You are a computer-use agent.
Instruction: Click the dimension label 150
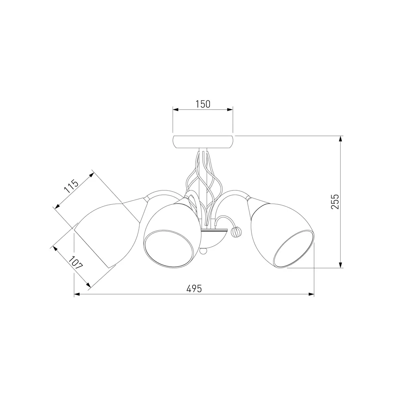tap(203, 104)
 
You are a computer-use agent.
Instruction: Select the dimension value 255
tap(335, 202)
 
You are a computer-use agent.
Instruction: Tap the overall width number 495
tap(194, 289)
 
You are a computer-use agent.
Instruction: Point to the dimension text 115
tap(71, 186)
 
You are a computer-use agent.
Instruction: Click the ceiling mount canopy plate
tap(203, 142)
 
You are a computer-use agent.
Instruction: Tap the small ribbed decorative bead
tap(235, 231)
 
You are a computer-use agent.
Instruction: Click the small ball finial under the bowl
tap(204, 251)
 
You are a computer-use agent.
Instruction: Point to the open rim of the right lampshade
tap(294, 249)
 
